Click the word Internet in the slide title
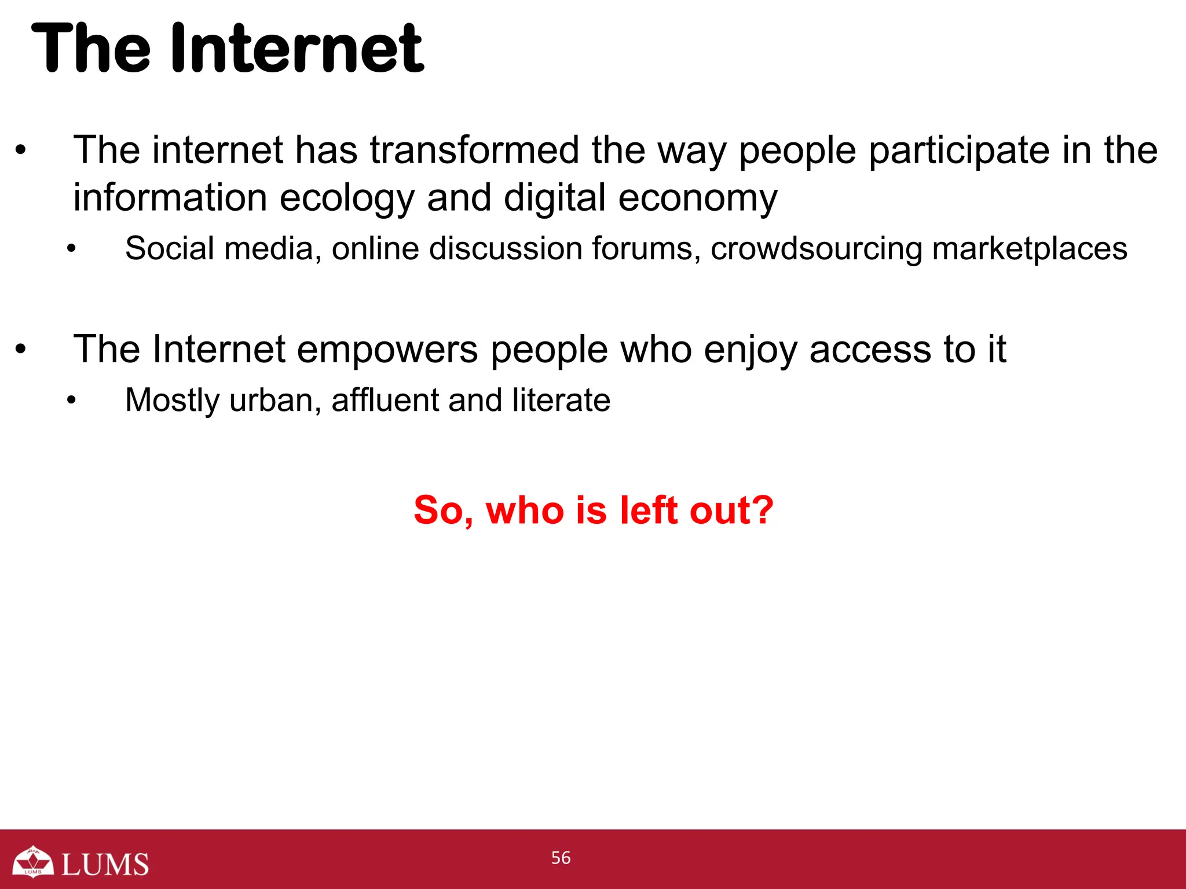tap(298, 49)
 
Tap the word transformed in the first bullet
tap(475, 150)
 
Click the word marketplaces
tap(1030, 249)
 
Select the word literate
tap(561, 400)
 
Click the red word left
tap(648, 510)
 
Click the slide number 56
tap(561, 858)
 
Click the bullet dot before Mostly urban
tap(71, 400)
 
